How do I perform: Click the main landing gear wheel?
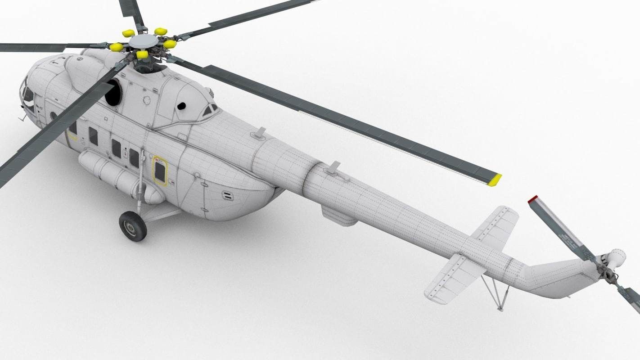click(x=133, y=226)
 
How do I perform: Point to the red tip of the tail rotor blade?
click(x=533, y=199)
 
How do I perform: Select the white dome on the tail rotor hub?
click(x=617, y=257)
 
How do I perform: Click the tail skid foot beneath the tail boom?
click(x=500, y=309)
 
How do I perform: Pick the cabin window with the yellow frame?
click(x=160, y=171)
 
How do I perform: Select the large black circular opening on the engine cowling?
click(x=113, y=92)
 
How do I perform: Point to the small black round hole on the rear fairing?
click(x=181, y=106)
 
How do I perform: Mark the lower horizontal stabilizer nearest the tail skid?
click(x=455, y=277)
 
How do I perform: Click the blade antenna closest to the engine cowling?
click(x=260, y=133)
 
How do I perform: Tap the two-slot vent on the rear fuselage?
click(x=228, y=195)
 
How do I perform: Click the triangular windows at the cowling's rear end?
click(x=210, y=110)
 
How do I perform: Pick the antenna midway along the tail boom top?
click(x=333, y=168)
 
